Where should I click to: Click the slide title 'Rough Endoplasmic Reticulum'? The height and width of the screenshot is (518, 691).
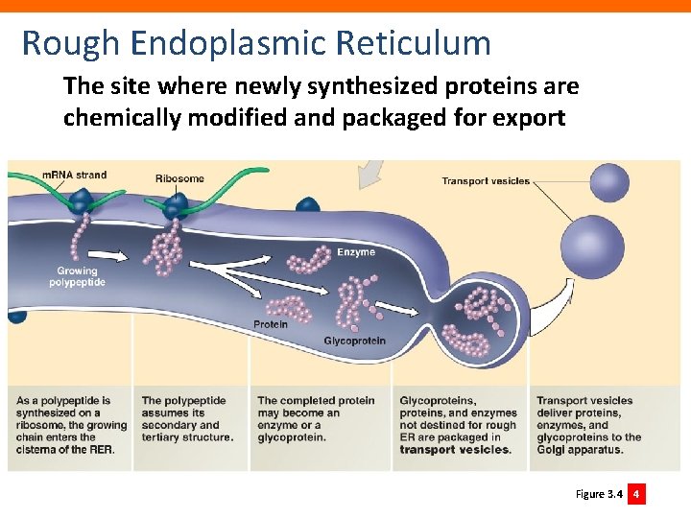click(255, 43)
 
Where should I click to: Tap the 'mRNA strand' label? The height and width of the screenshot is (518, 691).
click(74, 175)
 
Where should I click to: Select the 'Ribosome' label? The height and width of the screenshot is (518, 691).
click(179, 178)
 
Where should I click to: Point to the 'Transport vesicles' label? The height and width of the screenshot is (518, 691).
click(485, 181)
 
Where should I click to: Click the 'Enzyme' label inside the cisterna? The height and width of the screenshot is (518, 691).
click(355, 252)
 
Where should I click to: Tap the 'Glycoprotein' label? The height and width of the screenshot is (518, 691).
click(354, 341)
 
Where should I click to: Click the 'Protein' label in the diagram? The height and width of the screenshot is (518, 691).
click(271, 324)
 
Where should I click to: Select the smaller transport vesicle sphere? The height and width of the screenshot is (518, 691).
click(608, 182)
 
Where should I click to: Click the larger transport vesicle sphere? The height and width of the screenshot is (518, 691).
click(591, 240)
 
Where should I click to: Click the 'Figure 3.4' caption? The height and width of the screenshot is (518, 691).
click(598, 494)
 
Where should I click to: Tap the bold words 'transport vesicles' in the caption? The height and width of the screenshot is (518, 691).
click(455, 450)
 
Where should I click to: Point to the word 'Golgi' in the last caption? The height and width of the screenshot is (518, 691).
click(552, 450)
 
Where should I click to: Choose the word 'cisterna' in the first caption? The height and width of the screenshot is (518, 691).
click(38, 450)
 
